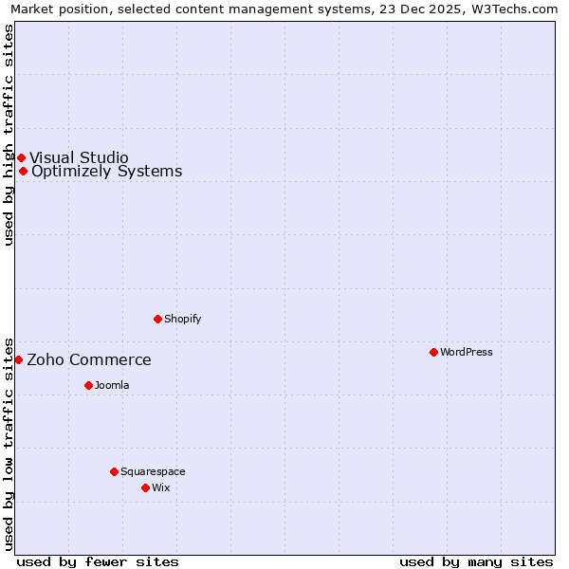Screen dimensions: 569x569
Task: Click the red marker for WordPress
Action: tap(433, 352)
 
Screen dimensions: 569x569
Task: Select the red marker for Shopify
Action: tap(157, 319)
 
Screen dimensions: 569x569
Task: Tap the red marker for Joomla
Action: tap(88, 385)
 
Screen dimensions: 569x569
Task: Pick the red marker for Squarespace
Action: tap(114, 471)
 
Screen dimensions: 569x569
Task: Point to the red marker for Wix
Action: tap(145, 487)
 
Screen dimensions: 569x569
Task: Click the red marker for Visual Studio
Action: tap(21, 157)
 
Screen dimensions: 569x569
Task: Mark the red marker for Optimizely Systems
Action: tap(23, 171)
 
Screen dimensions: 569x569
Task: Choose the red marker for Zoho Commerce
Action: tap(18, 359)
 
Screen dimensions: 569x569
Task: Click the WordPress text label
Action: tap(467, 352)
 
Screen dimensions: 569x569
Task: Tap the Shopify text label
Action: tap(183, 319)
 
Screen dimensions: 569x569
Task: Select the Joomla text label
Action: tap(112, 385)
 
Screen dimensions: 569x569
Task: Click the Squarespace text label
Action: tap(153, 471)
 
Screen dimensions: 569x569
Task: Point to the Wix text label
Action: tap(161, 487)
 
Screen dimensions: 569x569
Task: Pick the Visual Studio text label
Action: tap(79, 157)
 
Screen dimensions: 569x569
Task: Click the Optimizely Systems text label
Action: tap(106, 171)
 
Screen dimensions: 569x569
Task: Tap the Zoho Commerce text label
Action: tap(88, 359)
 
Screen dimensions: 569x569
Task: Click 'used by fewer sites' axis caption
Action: tap(98, 561)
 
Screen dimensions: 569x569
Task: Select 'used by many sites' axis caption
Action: tap(476, 561)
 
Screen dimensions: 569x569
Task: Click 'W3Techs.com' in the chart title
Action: tap(518, 9)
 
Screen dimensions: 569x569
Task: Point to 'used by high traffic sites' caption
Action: tap(9, 135)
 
